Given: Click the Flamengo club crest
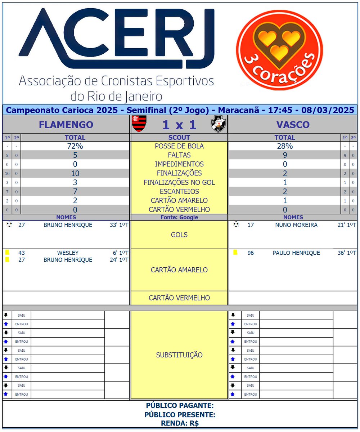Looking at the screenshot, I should pos(139,124).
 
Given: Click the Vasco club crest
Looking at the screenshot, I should pos(219,124).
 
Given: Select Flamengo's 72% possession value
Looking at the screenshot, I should pos(75,146).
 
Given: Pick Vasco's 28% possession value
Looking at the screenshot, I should pos(285,146).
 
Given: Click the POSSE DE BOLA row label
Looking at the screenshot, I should pos(179,146).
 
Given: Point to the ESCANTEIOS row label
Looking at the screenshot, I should pos(179,191).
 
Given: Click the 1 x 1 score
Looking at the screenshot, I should pos(179,125).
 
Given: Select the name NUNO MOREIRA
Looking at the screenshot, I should pos(296,225).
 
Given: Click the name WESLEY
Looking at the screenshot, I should pos(68,253).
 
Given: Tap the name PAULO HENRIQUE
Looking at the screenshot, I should pos(296,253).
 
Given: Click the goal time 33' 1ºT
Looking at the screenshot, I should pos(119,225).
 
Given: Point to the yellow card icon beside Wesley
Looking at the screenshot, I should pos(7,253).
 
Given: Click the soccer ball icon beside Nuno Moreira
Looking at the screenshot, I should pos(236,225).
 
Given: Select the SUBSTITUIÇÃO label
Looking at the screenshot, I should pos(179,355).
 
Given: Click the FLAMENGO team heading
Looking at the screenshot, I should pos(66,125).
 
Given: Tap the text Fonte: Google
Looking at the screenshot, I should pos(179,218).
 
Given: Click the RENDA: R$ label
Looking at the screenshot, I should pos(180,424).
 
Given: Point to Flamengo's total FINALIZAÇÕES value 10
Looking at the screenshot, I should pos(75,173).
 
